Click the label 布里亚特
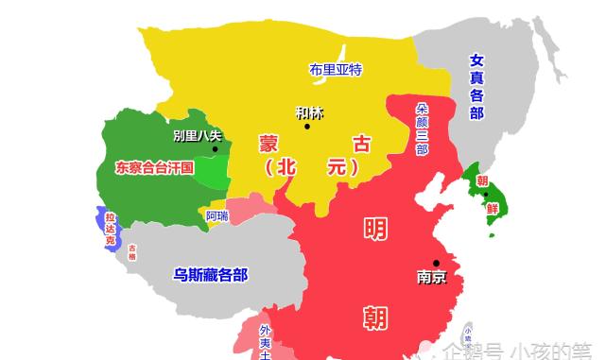(336, 69)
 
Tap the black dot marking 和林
(307, 127)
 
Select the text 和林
(308, 112)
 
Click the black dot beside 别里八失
(216, 149)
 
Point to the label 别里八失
(198, 135)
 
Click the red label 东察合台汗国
(154, 167)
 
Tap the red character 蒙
(269, 144)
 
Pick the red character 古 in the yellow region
(361, 144)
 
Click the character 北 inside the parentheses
(301, 167)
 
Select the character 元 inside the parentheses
(336, 167)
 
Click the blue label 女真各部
(476, 86)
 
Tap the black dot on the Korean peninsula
(486, 195)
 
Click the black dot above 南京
(436, 263)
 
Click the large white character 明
(375, 230)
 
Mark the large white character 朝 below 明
(375, 317)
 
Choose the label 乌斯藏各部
(210, 275)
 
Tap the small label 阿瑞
(216, 216)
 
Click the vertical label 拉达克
(110, 229)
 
